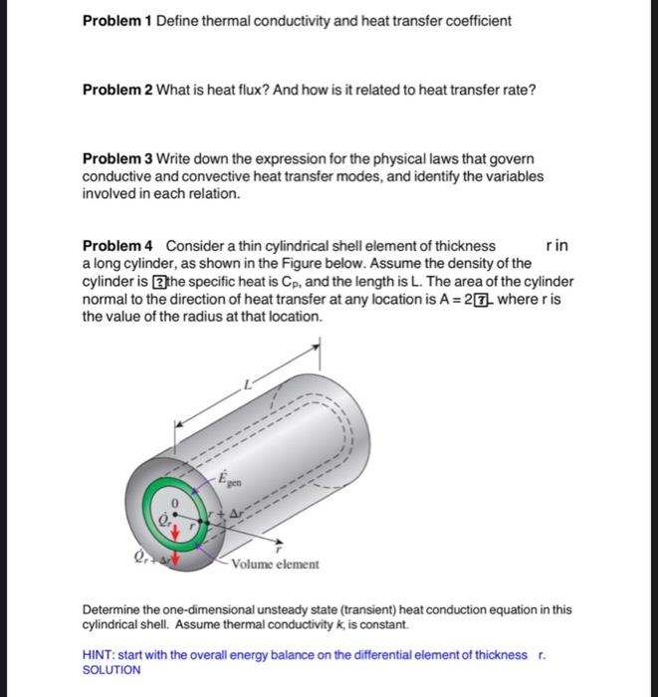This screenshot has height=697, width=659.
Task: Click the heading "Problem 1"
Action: (116, 21)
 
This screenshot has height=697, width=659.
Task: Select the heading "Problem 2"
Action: (116, 91)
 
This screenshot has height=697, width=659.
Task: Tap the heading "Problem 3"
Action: (116, 159)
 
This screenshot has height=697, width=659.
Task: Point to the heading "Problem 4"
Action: (116, 246)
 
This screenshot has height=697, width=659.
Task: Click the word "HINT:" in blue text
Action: (103, 654)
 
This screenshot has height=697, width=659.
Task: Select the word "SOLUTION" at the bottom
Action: (111, 670)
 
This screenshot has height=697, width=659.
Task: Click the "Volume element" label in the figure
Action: (278, 564)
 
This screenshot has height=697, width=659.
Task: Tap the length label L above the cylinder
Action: (246, 381)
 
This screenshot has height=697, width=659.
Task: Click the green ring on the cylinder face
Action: (150, 494)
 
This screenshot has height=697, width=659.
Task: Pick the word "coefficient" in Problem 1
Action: (473, 21)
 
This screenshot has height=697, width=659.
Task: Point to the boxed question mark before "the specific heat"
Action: (143, 282)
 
